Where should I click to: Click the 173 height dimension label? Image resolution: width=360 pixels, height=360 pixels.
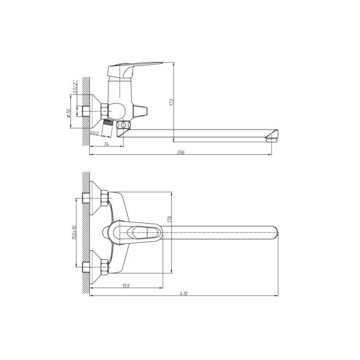click(x=171, y=102)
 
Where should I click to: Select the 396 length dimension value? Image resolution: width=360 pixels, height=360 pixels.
click(x=181, y=152)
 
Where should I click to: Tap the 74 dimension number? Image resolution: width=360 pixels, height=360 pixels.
click(x=106, y=144)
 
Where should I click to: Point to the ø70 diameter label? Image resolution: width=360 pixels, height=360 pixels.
click(x=69, y=113)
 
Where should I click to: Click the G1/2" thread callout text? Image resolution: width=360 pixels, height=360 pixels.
click(x=74, y=86)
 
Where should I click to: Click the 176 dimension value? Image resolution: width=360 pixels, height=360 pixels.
click(x=170, y=219)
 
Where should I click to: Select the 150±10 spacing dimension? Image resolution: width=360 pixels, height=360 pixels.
click(x=74, y=232)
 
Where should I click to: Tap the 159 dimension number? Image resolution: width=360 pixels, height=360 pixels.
click(x=126, y=286)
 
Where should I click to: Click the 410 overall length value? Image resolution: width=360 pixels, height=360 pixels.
click(x=184, y=293)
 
